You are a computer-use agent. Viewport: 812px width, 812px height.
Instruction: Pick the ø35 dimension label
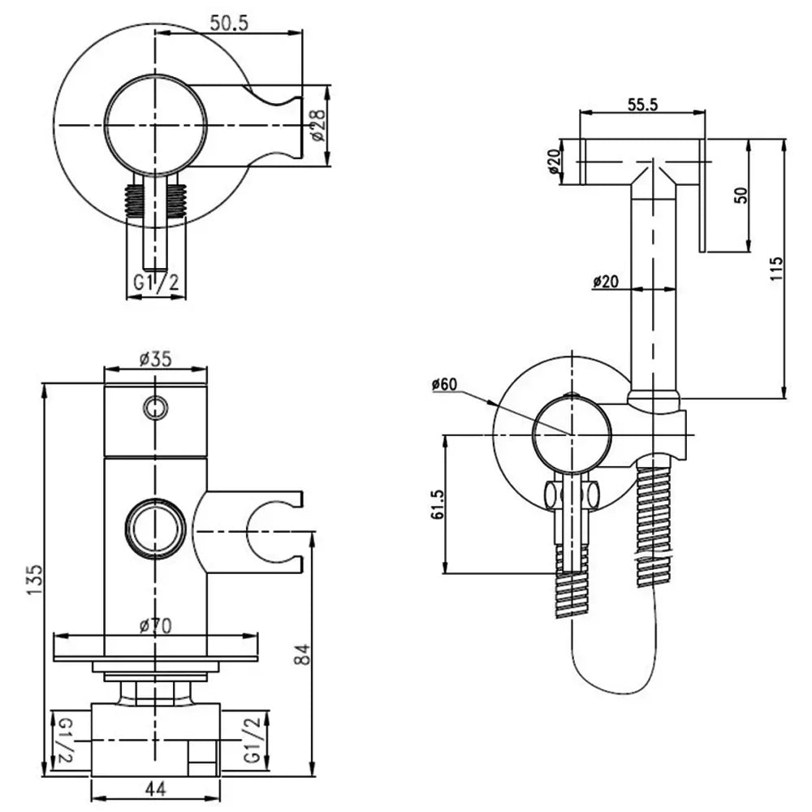[154, 357]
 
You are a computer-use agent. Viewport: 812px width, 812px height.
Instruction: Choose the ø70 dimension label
[156, 626]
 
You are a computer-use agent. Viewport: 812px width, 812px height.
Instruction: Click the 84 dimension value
[302, 654]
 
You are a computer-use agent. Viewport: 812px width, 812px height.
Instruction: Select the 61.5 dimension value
[437, 505]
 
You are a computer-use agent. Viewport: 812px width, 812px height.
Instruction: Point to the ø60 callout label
[445, 384]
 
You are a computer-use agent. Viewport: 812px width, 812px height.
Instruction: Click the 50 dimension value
[739, 195]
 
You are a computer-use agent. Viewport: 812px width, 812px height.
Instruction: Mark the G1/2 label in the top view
[156, 284]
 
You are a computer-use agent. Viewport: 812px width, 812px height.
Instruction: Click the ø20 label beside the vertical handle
[607, 281]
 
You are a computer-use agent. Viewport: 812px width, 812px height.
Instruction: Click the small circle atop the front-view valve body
[155, 406]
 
